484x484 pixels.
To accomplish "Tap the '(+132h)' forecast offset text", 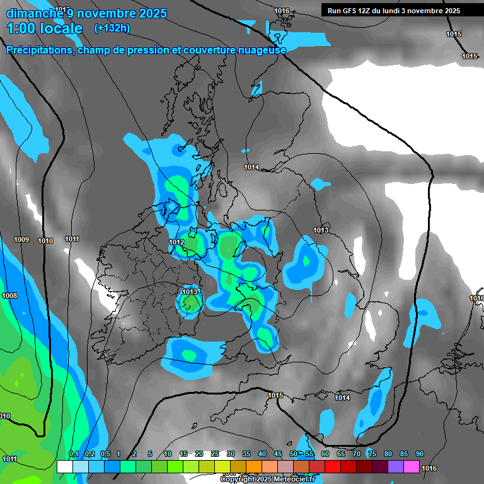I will tap(112, 28).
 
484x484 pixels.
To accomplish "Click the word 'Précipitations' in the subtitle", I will tap(39, 50).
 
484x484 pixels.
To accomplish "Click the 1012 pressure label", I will tap(176, 242).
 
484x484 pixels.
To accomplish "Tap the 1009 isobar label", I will tap(21, 239).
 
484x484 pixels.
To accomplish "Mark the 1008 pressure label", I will tap(9, 296).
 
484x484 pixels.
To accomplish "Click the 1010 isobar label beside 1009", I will tap(45, 241).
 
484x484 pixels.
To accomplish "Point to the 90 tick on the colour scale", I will tap(419, 454).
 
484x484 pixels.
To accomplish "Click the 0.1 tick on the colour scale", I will tap(73, 454).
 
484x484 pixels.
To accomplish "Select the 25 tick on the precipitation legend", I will tap(215, 454).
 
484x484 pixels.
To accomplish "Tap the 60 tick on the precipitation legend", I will tap(325, 454).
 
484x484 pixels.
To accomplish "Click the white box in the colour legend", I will tap(64, 466).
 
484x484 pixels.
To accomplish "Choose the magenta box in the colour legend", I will tap(412, 466).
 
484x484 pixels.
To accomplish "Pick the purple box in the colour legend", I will tap(396, 466).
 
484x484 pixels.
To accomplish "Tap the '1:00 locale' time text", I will tap(45, 28).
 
